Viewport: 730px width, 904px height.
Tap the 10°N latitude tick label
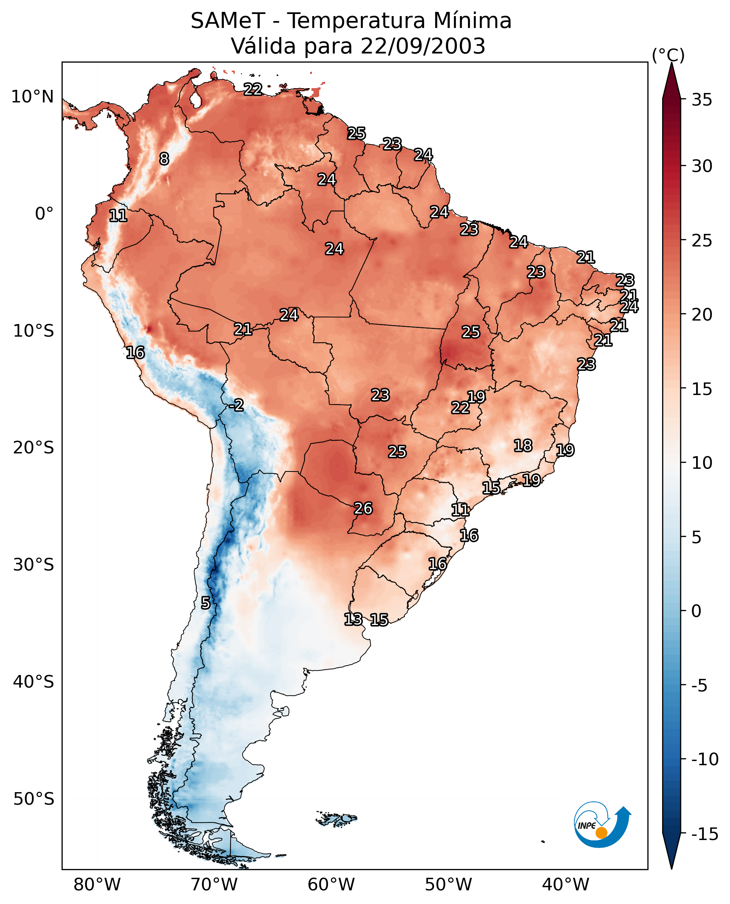pyautogui.click(x=33, y=97)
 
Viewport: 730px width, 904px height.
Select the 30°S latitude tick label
pyautogui.click(x=34, y=565)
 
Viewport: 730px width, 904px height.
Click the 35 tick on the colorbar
pyautogui.click(x=702, y=100)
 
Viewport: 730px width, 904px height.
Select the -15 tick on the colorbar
pyautogui.click(x=705, y=834)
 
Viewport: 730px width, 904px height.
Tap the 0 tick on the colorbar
pyautogui.click(x=696, y=611)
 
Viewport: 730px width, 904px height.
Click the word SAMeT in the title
pyautogui.click(x=228, y=21)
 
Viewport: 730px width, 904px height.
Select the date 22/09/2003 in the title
pyautogui.click(x=423, y=46)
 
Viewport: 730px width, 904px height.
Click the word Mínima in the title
pyautogui.click(x=472, y=21)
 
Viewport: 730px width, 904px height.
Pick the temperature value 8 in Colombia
pyautogui.click(x=164, y=159)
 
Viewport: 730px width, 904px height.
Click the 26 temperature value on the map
pyautogui.click(x=363, y=508)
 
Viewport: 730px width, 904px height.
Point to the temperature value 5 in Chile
pyautogui.click(x=205, y=603)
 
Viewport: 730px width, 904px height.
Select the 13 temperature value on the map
pyautogui.click(x=353, y=619)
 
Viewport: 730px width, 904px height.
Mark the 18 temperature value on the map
pyautogui.click(x=523, y=445)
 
